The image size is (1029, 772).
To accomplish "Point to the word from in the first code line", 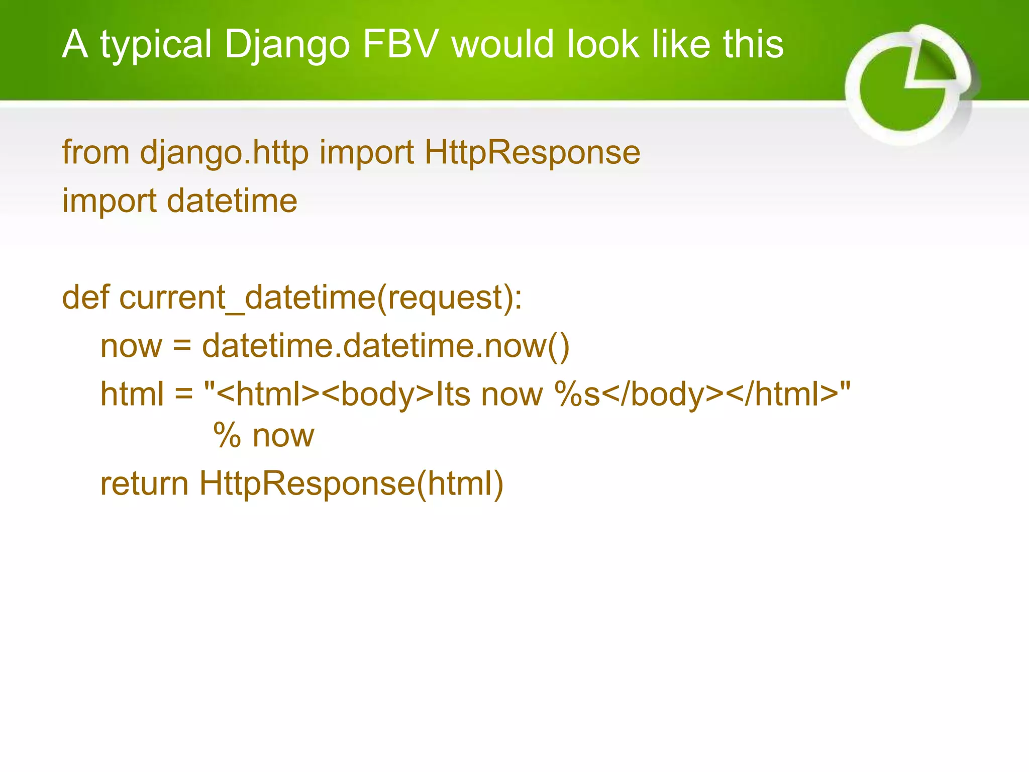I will (95, 152).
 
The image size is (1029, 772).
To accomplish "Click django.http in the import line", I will (224, 153).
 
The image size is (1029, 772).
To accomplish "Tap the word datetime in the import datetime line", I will (232, 201).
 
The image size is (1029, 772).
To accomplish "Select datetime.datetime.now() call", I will (386, 346).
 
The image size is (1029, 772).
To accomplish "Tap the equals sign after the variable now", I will (182, 346).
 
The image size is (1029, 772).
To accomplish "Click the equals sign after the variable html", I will (183, 394).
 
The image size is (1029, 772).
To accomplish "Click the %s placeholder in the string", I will (577, 394).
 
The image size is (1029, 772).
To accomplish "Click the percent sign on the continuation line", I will (227, 435).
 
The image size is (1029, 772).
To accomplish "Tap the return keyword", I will (144, 484).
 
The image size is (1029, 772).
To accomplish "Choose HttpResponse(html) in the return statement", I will (351, 484).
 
